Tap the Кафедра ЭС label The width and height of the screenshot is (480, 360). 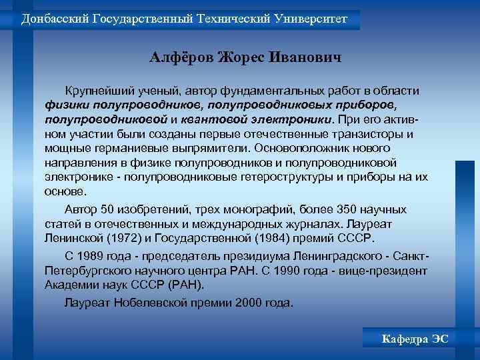tap(415, 339)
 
